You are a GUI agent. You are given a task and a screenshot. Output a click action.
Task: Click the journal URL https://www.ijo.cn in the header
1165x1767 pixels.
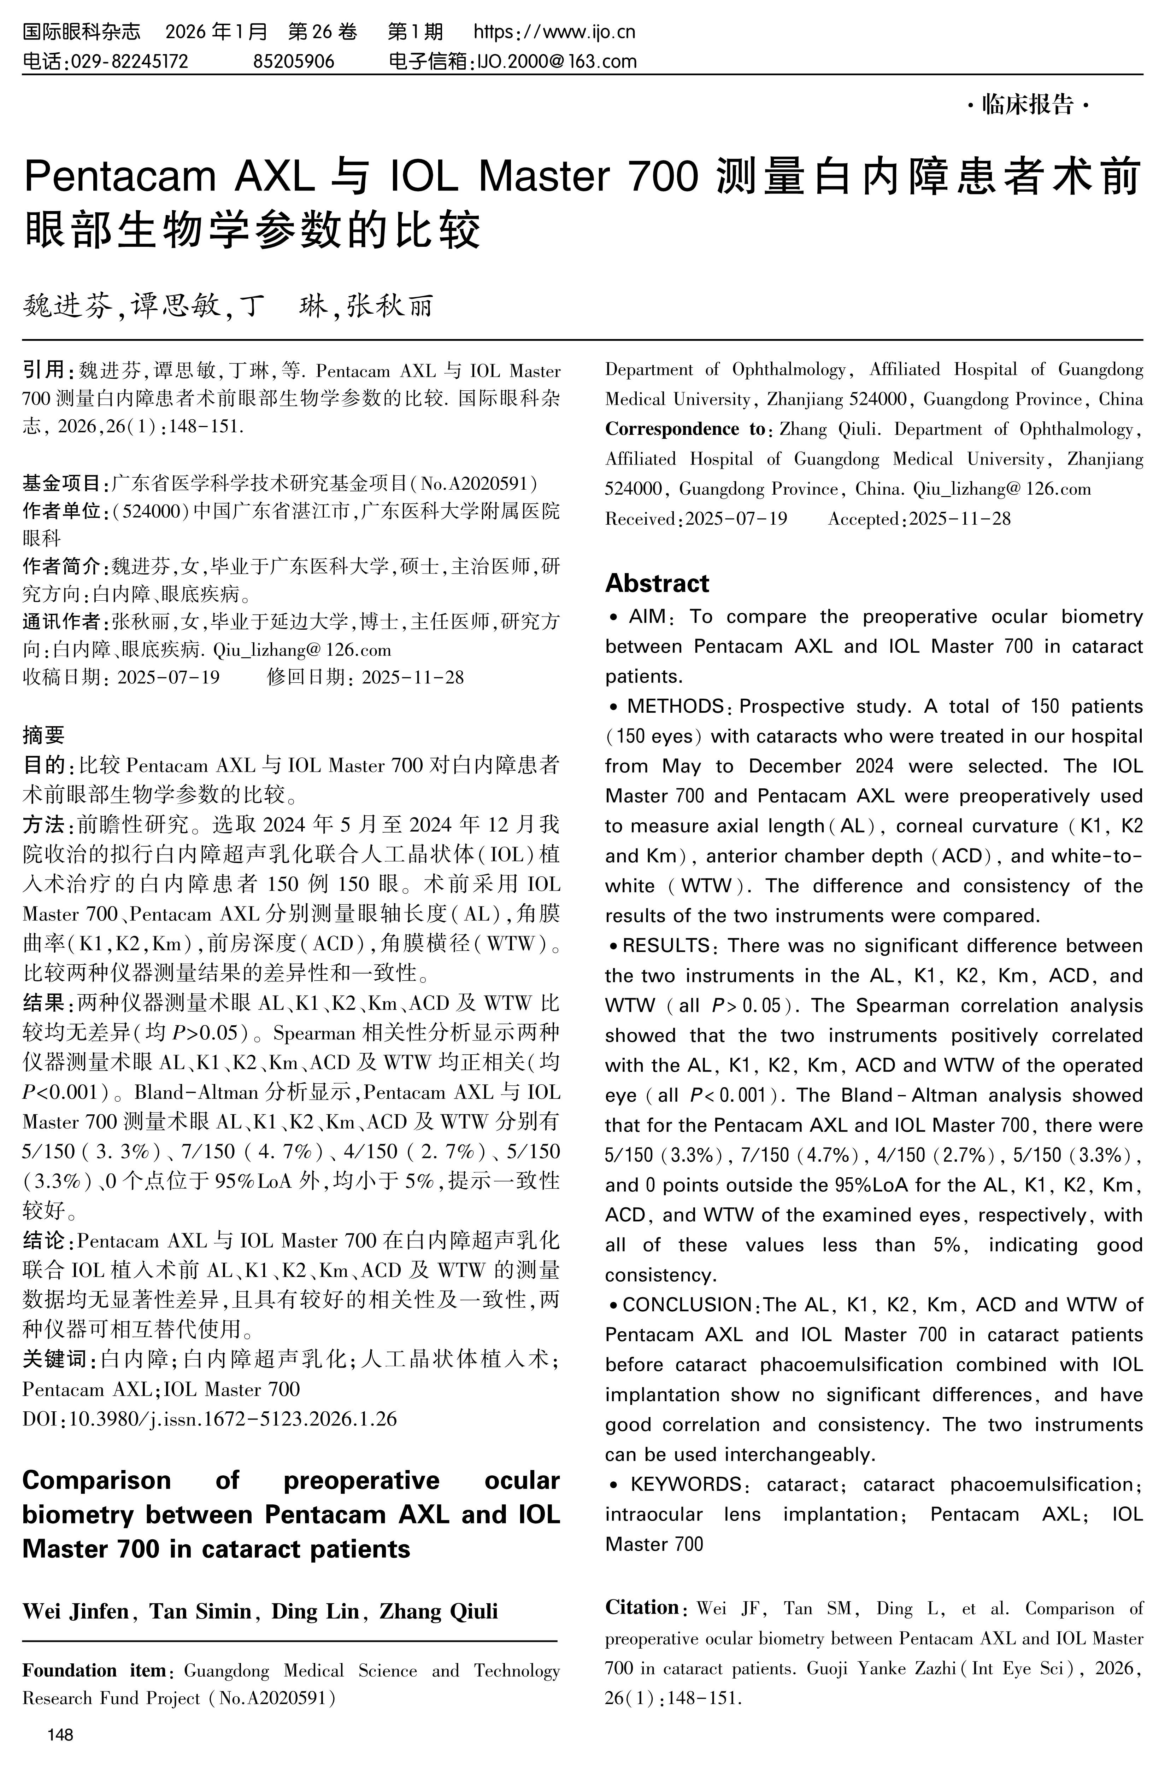click(x=554, y=32)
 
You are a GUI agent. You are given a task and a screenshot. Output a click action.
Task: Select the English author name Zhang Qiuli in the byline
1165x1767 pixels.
click(x=439, y=1611)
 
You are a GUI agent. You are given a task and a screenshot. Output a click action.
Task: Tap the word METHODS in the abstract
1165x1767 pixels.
click(x=675, y=706)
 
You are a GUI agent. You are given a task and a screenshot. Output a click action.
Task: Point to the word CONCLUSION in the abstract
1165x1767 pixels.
click(x=687, y=1305)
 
